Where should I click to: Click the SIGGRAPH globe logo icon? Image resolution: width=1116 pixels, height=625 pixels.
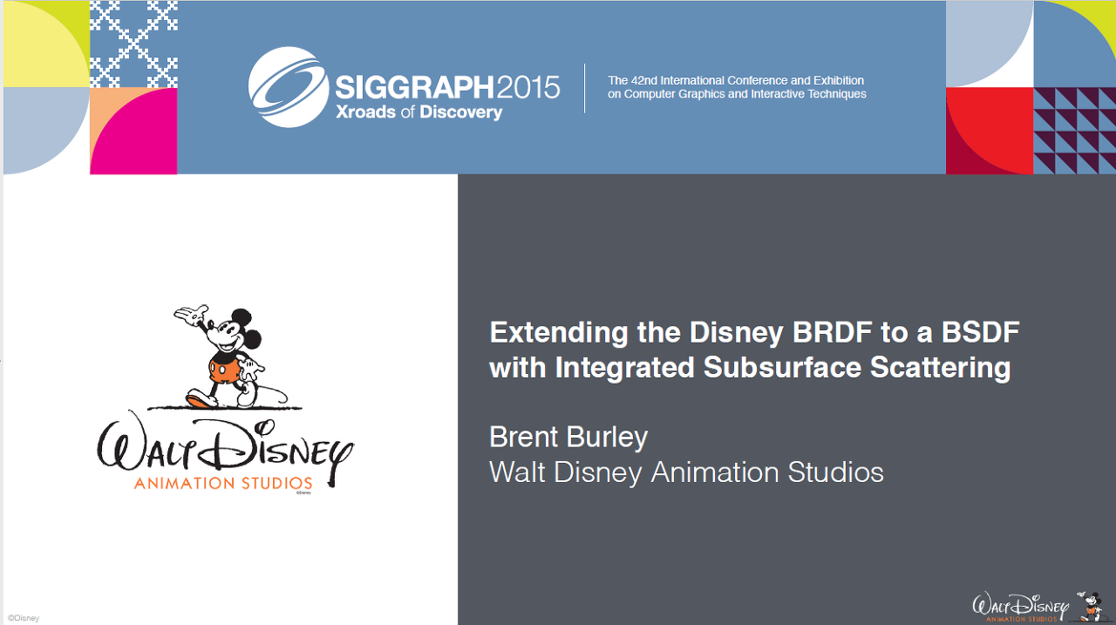(x=289, y=87)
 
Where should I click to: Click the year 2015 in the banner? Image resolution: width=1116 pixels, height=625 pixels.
(x=527, y=88)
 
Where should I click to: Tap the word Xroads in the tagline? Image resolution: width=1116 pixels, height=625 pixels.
(x=365, y=112)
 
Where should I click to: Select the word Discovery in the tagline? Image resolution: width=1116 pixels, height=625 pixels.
(x=461, y=112)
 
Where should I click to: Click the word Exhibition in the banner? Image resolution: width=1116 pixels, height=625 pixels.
(x=839, y=81)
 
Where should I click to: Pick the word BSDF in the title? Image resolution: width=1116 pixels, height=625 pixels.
(x=981, y=332)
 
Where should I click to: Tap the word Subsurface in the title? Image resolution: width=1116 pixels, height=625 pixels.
(x=783, y=368)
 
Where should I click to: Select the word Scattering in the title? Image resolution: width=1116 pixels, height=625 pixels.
(x=940, y=369)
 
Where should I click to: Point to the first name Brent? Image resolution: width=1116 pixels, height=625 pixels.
(x=524, y=437)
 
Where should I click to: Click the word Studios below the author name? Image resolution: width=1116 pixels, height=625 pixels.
(x=835, y=472)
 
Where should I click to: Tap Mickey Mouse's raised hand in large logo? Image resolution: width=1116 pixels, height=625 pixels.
(x=191, y=314)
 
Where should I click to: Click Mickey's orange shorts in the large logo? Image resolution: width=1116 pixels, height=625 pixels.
(x=223, y=370)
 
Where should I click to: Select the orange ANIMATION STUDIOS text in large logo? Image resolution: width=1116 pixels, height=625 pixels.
(x=222, y=483)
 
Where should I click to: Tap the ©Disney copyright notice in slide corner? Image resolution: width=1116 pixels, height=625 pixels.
(x=24, y=618)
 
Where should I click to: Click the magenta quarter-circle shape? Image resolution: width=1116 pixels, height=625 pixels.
(x=133, y=132)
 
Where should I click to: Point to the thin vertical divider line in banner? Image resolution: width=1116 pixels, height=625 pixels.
(x=584, y=88)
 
